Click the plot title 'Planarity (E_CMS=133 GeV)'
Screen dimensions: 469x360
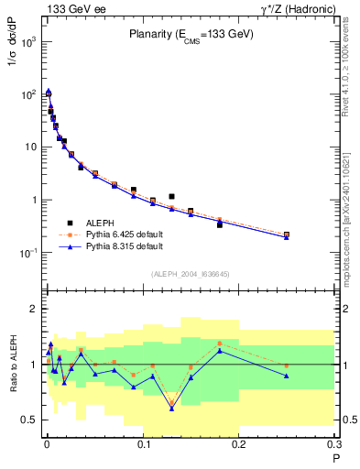pos(190,34)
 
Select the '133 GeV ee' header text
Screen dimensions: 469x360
pos(74,8)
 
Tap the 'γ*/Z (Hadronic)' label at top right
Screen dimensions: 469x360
pos(297,8)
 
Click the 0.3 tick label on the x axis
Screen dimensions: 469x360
pos(334,446)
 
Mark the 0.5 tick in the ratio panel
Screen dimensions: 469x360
pos(28,420)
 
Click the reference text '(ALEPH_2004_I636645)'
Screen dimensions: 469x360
pos(190,273)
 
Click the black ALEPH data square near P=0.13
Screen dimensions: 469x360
pos(171,196)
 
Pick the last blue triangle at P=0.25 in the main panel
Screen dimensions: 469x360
pos(287,237)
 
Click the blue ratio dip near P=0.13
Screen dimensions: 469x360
pos(171,409)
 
